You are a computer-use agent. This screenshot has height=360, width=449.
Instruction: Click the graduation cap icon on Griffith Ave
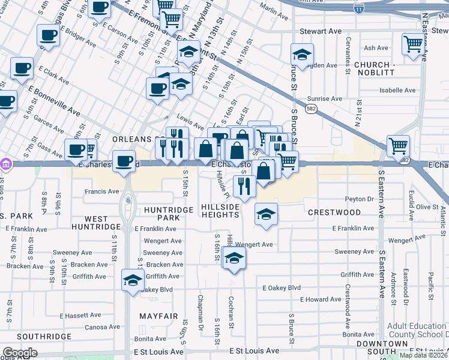tap(133, 280)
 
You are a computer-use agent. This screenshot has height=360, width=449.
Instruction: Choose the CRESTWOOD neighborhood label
tap(334, 212)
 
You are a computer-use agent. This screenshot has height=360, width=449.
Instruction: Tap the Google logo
tap(20, 353)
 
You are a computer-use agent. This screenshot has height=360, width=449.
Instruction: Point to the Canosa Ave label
tap(102, 327)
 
